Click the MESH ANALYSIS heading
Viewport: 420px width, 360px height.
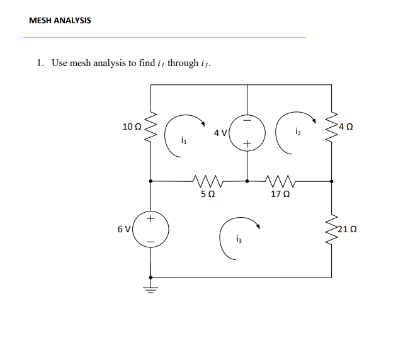click(60, 21)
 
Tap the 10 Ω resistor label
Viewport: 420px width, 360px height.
click(132, 126)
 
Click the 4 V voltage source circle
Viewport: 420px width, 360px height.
click(246, 132)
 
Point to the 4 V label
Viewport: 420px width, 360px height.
click(220, 133)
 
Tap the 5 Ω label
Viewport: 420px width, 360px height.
click(207, 194)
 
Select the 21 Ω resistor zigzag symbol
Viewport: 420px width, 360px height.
click(332, 228)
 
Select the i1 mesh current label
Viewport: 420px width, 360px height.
click(183, 141)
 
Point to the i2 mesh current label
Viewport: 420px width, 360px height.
click(298, 132)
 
